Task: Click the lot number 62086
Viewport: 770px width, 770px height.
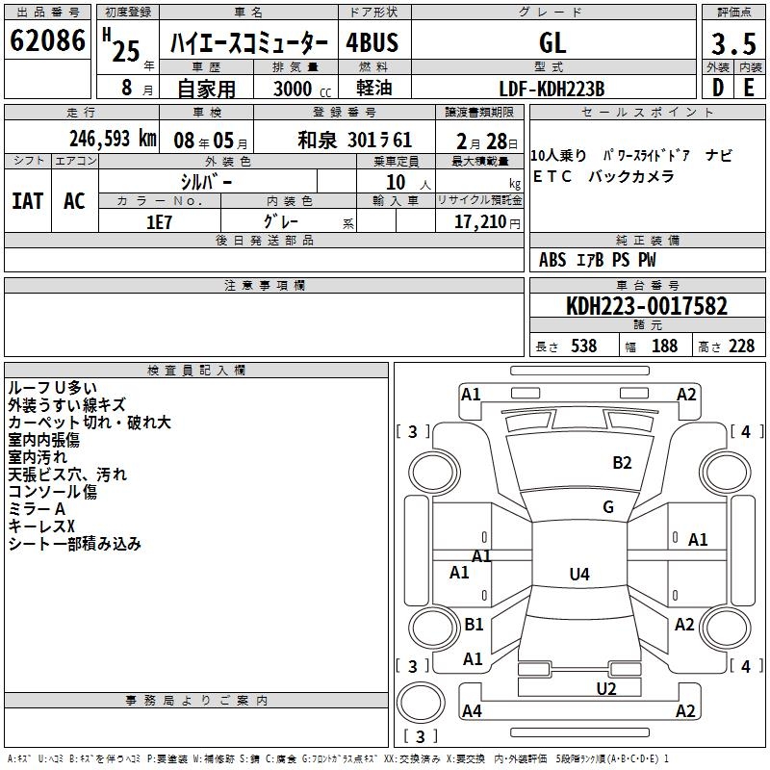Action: point(47,40)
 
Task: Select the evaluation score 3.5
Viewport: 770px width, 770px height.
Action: point(733,43)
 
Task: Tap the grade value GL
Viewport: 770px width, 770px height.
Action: point(552,43)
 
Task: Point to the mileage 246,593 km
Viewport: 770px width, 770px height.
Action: point(113,139)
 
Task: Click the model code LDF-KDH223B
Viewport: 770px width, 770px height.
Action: point(552,89)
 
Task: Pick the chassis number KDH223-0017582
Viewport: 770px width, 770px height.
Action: point(647,306)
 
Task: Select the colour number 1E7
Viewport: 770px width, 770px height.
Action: point(159,222)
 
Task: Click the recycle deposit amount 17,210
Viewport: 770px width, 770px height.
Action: point(479,222)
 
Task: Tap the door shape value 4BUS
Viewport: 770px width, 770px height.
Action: point(372,42)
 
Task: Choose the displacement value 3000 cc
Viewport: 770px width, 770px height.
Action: point(302,89)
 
